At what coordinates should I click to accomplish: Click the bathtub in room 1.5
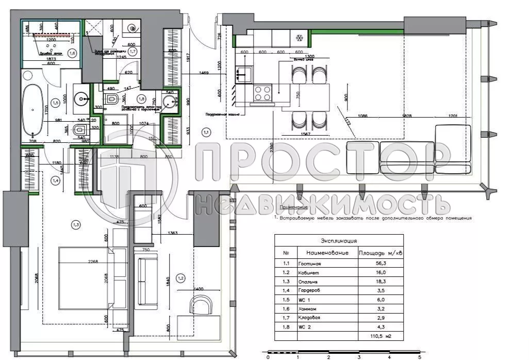click(x=35, y=110)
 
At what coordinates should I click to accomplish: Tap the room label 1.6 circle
click(x=72, y=53)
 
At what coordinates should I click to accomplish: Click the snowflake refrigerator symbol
click(x=298, y=38)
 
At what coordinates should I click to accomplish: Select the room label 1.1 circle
click(x=206, y=133)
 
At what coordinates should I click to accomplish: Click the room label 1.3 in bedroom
click(x=76, y=224)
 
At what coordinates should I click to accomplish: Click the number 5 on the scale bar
click(x=420, y=356)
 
